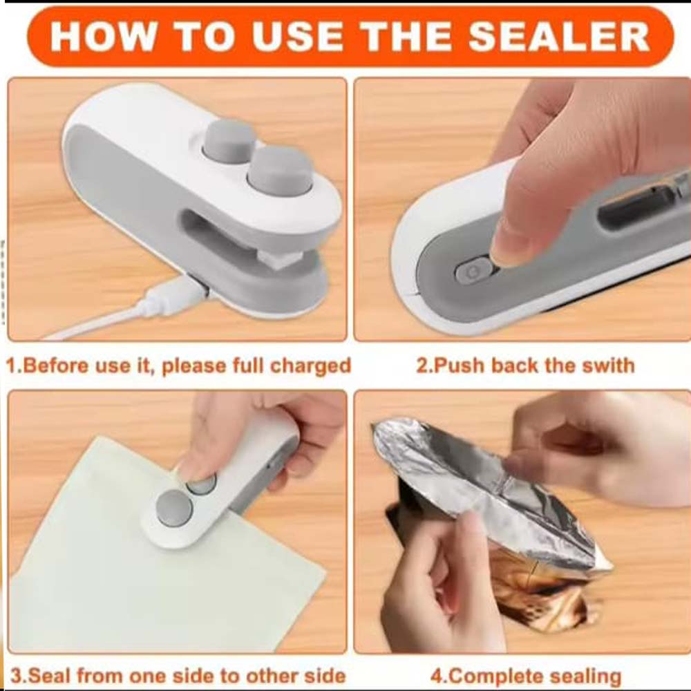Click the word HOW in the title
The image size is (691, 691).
click(103, 36)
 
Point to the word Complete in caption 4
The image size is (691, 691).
click(496, 676)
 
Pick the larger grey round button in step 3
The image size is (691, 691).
click(175, 508)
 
